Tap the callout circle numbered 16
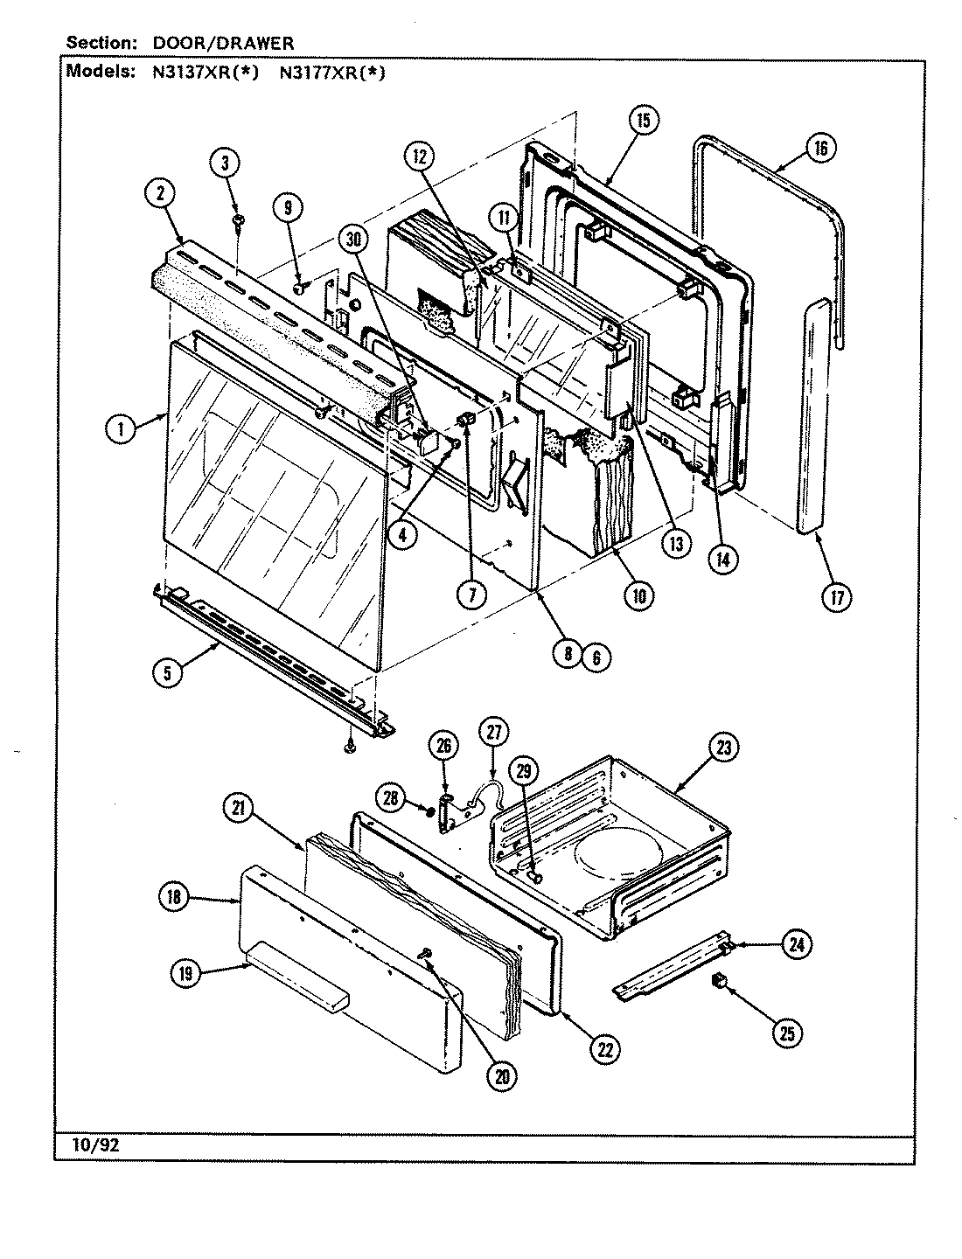coord(819,148)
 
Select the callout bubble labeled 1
coord(123,428)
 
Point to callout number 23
coord(724,748)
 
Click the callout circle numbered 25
coord(787,1033)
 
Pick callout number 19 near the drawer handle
coord(187,974)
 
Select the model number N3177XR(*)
coord(331,73)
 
